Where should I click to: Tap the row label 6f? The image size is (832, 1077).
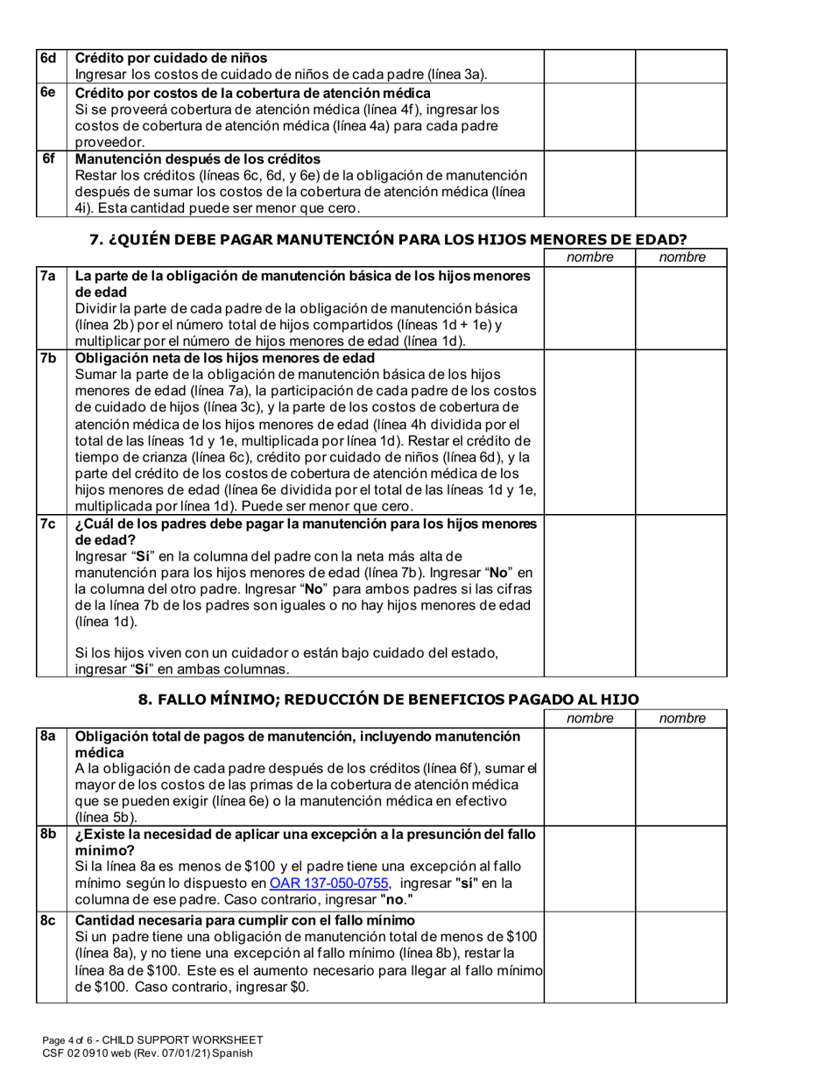[x=49, y=159]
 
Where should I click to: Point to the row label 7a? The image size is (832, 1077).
[x=47, y=277]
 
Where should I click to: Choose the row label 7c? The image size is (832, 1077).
[x=47, y=524]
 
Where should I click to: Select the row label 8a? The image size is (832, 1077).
[x=47, y=736]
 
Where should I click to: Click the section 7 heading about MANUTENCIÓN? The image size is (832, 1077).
[x=388, y=238]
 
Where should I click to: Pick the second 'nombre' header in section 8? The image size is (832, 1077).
[x=681, y=719]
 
